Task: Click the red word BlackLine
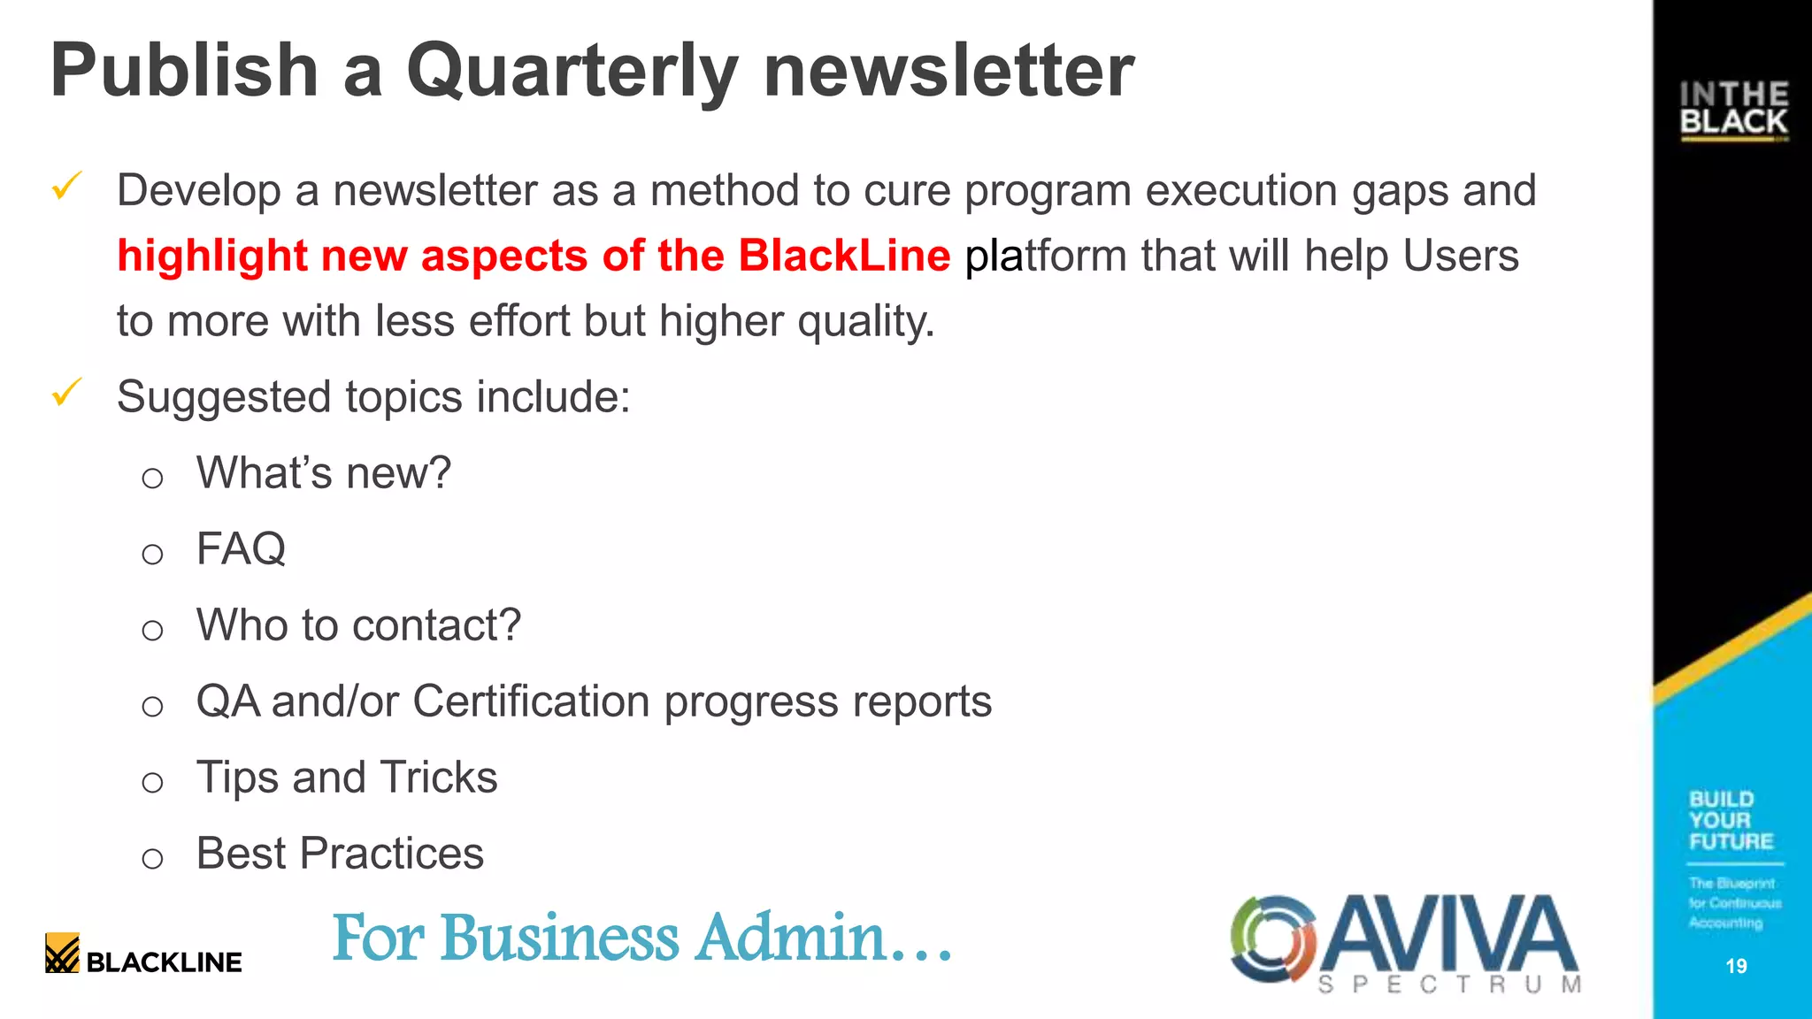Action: [x=844, y=257]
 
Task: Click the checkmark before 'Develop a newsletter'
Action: [x=67, y=186]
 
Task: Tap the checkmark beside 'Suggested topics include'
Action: [x=67, y=392]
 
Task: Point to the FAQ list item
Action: [x=241, y=549]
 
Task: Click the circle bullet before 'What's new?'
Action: [x=152, y=479]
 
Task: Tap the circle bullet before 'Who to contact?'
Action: [x=152, y=631]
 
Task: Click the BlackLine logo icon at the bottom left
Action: [x=62, y=954]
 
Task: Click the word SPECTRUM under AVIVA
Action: [x=1449, y=985]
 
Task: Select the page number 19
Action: [x=1736, y=966]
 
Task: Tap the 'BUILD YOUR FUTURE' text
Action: [x=1731, y=820]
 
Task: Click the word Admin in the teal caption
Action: [x=790, y=938]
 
